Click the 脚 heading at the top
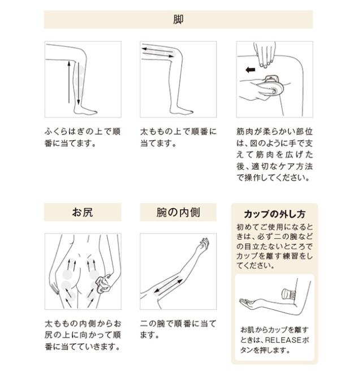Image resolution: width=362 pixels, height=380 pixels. pyautogui.click(x=178, y=19)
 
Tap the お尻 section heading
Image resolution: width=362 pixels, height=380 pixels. pyautogui.click(x=83, y=212)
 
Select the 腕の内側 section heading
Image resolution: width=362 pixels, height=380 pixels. pyautogui.click(x=178, y=212)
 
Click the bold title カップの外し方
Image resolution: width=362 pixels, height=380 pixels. pyautogui.click(x=274, y=214)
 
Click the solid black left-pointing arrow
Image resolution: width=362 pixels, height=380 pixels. pyautogui.click(x=251, y=70)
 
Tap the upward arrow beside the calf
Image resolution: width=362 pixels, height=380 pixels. pyautogui.click(x=69, y=82)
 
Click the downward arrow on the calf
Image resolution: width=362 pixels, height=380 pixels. pyautogui.click(x=78, y=84)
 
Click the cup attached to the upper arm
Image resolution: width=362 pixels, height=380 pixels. pyautogui.click(x=289, y=294)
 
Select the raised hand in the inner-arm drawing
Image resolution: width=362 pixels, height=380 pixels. pyautogui.click(x=204, y=244)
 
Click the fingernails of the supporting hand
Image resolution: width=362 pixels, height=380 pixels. pyautogui.click(x=265, y=64)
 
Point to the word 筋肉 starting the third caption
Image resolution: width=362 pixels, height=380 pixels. pyautogui.click(x=245, y=132)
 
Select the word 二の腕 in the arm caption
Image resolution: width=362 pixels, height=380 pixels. pyautogui.click(x=153, y=323)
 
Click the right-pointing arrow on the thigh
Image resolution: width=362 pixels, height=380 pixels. pyautogui.click(x=158, y=54)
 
